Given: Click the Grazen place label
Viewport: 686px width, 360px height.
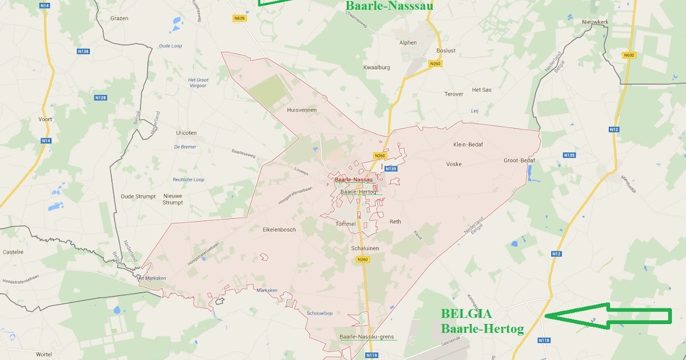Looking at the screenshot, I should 119,18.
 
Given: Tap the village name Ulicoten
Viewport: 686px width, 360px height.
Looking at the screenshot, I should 186,133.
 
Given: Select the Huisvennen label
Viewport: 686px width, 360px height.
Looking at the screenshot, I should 302,110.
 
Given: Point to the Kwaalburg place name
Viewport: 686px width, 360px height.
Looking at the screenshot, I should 377,67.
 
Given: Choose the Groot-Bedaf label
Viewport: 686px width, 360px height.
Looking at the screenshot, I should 519,161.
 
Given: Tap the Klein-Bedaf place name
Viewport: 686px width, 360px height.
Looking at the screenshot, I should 468,145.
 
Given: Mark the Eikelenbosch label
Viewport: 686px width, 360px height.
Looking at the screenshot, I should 279,230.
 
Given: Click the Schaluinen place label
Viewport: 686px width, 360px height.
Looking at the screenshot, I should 365,249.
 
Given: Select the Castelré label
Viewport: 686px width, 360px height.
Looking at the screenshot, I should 13,251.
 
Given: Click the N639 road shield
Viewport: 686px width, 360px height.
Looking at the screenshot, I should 240,18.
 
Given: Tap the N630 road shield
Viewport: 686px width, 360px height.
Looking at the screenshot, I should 629,55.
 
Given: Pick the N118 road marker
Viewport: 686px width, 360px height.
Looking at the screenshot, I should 544,341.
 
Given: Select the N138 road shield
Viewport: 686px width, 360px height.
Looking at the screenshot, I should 83,51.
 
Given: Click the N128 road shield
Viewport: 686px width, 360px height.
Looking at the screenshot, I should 101,98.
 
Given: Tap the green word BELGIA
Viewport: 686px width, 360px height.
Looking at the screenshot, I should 465,314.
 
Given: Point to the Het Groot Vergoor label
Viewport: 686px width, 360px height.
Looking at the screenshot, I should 198,83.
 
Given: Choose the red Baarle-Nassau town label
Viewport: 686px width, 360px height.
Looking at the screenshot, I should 353,179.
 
